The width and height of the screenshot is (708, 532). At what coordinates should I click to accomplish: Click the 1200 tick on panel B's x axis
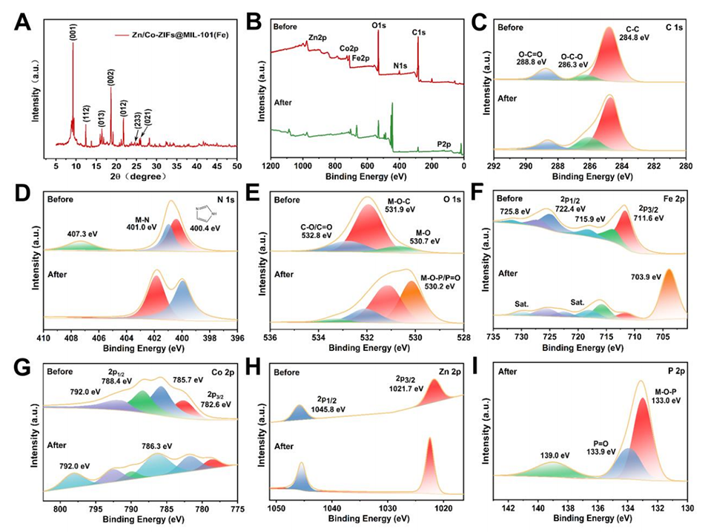(271, 167)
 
